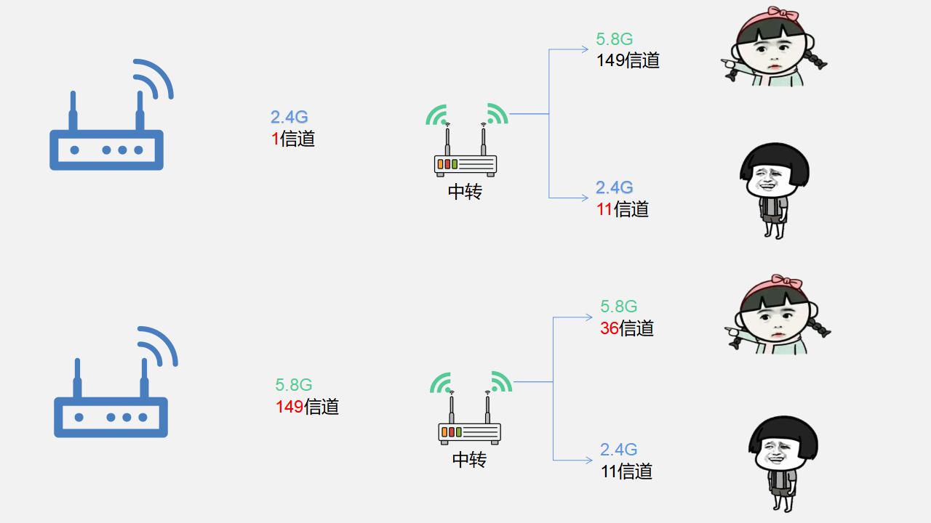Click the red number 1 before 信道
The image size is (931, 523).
[275, 139]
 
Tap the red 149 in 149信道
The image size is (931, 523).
[289, 407]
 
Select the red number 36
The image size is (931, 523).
[610, 328]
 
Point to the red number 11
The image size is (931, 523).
[604, 209]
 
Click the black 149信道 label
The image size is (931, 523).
[628, 60]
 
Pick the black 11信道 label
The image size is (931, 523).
[626, 471]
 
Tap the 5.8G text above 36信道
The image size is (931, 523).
[618, 307]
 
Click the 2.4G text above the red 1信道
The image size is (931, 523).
[289, 117]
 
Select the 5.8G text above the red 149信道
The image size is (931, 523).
[293, 385]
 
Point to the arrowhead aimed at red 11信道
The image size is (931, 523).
[585, 198]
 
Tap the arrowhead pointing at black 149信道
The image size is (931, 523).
[585, 49]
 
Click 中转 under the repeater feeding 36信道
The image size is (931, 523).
[469, 460]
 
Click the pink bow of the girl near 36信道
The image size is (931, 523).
[786, 281]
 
